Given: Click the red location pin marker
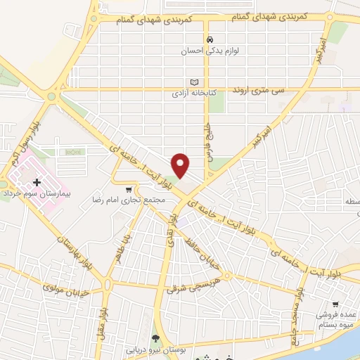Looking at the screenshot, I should pos(181,164).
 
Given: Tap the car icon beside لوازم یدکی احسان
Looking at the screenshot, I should pos(210,39).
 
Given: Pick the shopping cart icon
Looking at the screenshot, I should pos(127,189).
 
